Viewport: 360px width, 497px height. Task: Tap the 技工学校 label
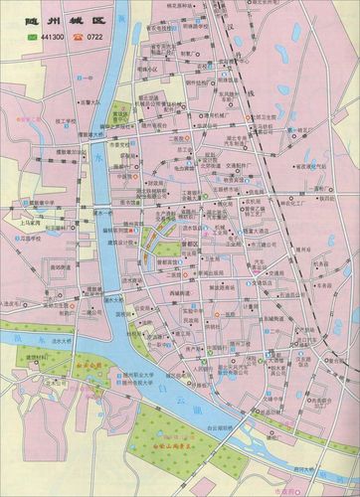[x=68, y=119]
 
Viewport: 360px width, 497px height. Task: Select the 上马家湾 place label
[x=29, y=224]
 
